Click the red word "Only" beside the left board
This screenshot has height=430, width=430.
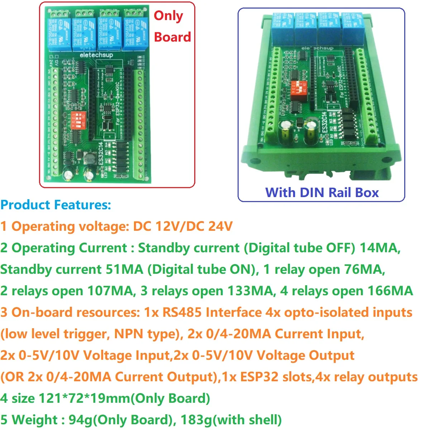click(168, 16)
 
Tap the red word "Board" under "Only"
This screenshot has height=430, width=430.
click(172, 37)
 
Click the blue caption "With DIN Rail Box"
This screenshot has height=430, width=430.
click(322, 192)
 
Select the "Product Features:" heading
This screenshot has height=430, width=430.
click(56, 205)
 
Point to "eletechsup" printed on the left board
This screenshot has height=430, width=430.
click(96, 55)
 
